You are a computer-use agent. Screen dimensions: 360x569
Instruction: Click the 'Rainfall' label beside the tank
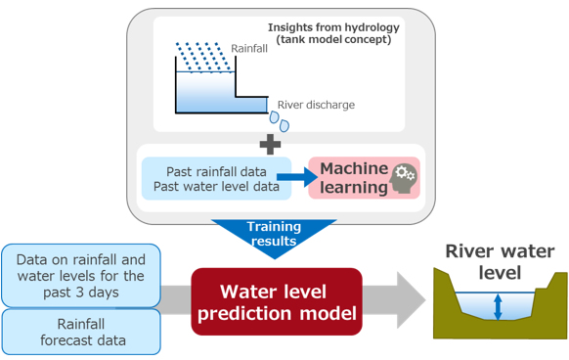(248, 48)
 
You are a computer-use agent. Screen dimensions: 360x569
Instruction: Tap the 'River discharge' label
(316, 105)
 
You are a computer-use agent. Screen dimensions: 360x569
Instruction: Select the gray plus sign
(270, 143)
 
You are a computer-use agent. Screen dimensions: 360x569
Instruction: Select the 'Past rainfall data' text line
(216, 170)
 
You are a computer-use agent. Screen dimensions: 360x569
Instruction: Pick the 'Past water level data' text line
(216, 187)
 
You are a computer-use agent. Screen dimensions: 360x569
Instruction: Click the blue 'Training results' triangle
(274, 236)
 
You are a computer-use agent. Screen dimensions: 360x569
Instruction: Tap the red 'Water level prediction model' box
(276, 301)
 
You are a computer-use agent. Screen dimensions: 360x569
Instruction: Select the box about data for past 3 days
(80, 274)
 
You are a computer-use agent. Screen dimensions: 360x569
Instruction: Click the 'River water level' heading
(500, 261)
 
